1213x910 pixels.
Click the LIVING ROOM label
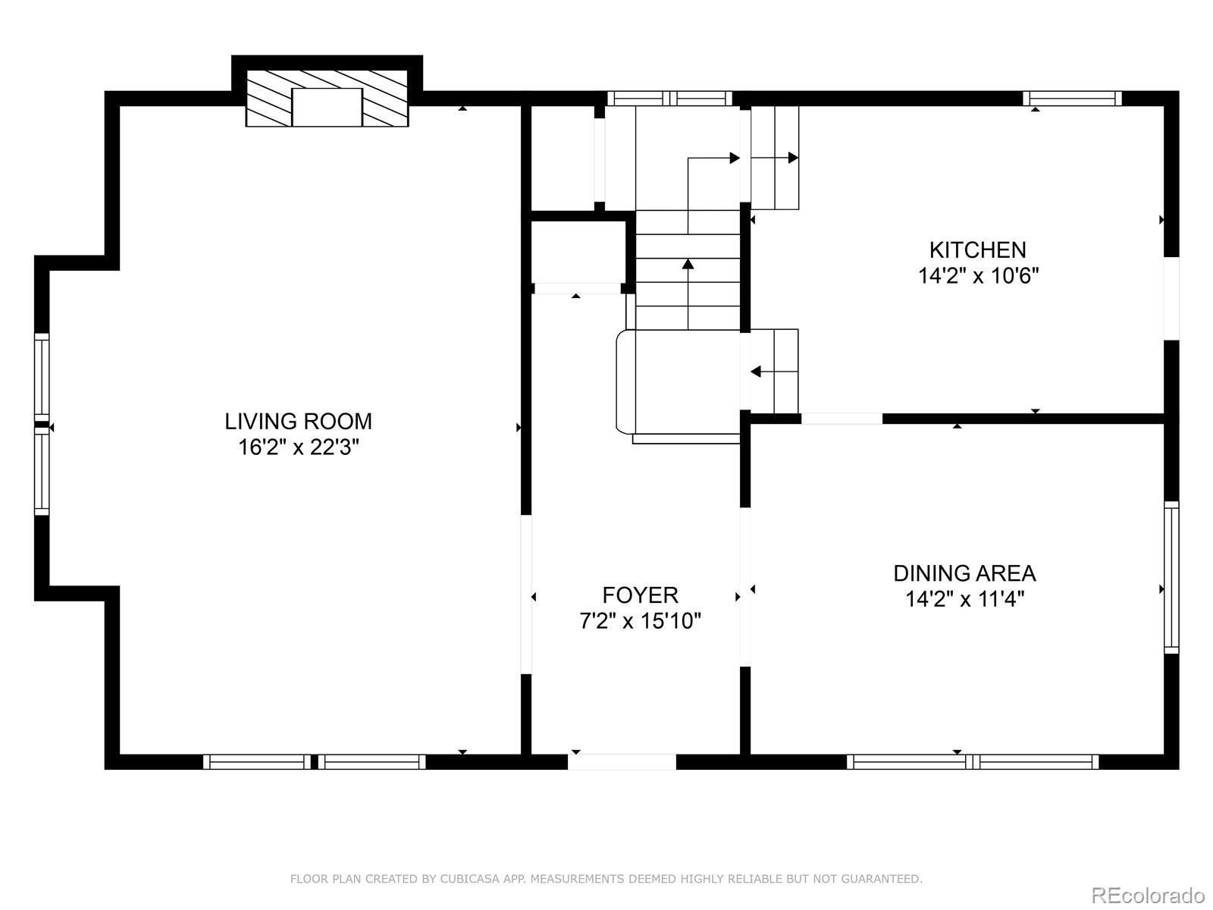298,422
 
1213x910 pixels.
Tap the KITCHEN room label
977,250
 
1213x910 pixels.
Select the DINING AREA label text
964,573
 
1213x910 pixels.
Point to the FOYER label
640,595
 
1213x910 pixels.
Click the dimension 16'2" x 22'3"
299,447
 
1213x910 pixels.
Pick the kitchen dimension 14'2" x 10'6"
978,275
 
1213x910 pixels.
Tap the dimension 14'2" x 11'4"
964,599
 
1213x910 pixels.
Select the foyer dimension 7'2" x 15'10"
640,621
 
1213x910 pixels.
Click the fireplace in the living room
327,99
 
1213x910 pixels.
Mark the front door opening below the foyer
622,762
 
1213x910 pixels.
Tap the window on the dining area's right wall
1171,577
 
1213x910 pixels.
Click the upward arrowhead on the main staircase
688,264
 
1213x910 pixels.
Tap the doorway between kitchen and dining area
842,419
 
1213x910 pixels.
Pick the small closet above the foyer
578,252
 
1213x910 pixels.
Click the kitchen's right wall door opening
1171,298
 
